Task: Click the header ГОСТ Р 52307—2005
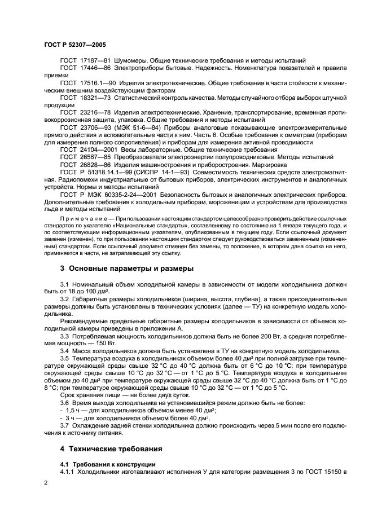(x=74, y=43)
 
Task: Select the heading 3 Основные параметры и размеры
(x=126, y=268)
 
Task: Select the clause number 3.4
(x=64, y=351)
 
